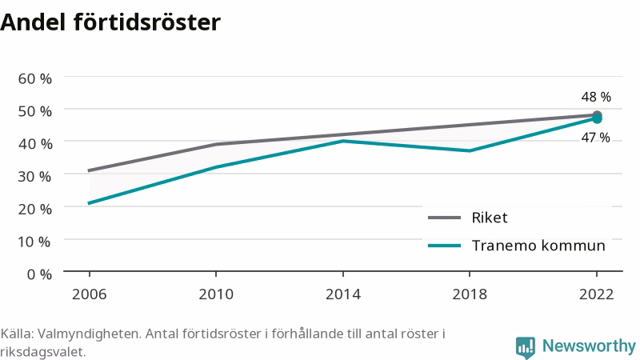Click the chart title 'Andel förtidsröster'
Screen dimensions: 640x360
(110, 22)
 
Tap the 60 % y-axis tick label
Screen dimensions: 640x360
(35, 78)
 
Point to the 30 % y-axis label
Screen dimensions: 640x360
(35, 176)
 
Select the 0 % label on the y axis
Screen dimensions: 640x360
(39, 274)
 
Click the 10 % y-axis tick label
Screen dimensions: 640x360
(35, 242)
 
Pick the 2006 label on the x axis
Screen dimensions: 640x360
(89, 294)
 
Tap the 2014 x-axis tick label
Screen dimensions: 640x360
(343, 294)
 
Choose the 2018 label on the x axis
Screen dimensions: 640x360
(470, 294)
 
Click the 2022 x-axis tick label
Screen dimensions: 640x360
(596, 294)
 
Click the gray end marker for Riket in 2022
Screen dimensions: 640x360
(597, 115)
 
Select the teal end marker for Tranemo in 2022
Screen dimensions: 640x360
(597, 118)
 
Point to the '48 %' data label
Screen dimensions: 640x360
(596, 97)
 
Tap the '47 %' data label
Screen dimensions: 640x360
(596, 138)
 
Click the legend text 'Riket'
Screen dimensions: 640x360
(490, 218)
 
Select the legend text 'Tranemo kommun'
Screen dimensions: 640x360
(538, 246)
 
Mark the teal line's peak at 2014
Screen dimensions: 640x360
(343, 142)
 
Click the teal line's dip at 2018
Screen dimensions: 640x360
(470, 151)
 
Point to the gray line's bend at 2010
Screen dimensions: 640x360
(216, 145)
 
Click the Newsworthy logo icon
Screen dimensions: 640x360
(526, 347)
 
